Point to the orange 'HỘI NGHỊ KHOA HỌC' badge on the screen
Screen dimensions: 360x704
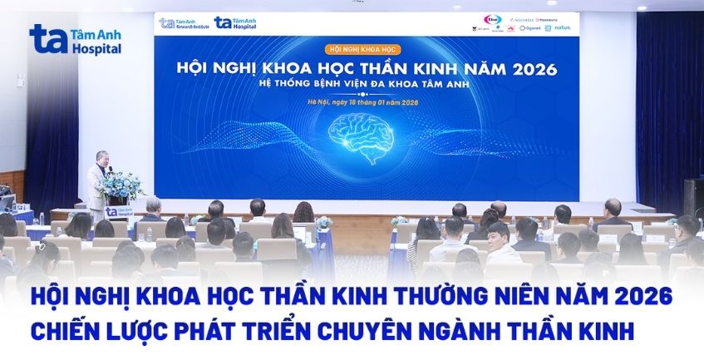coord(361,50)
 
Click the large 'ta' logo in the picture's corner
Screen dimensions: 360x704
coord(47,39)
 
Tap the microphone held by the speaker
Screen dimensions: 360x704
coord(110,169)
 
